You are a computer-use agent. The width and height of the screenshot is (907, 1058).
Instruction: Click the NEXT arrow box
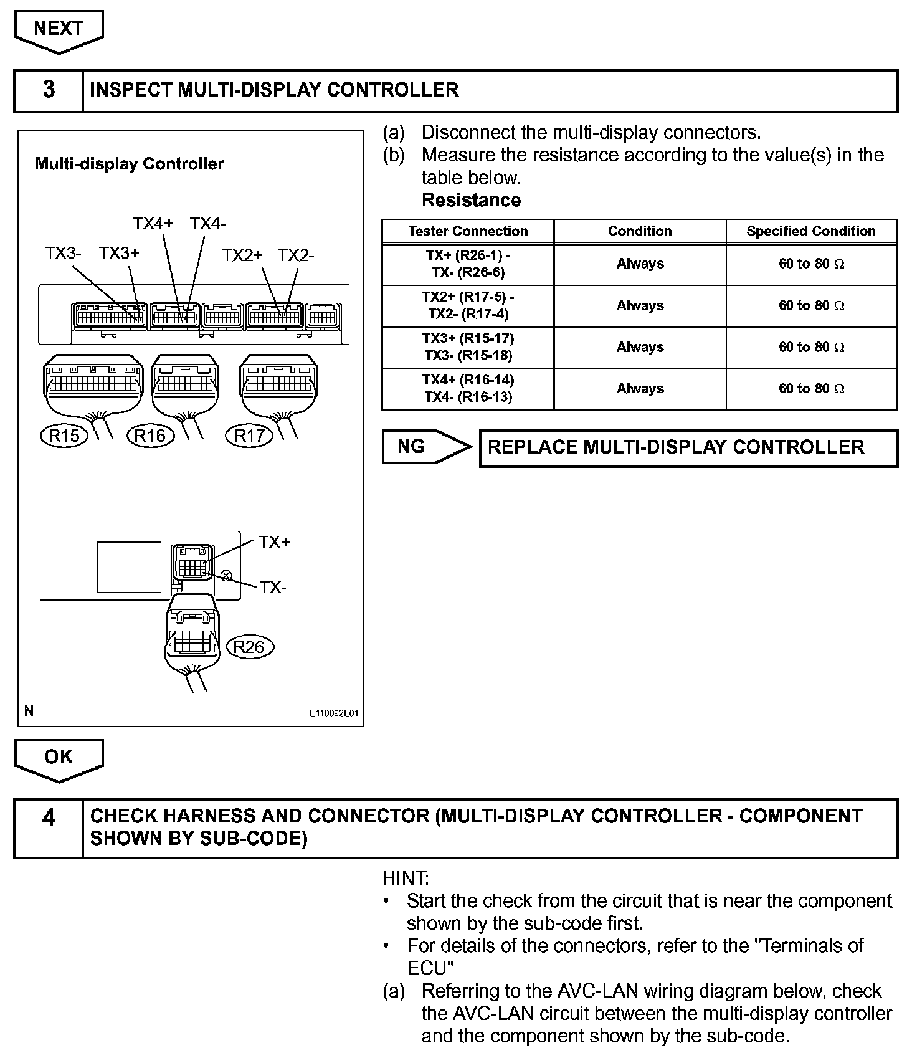coord(59,29)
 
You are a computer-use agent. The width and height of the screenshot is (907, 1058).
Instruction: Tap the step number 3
coord(49,90)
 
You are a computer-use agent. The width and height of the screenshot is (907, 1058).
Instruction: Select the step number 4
coord(49,817)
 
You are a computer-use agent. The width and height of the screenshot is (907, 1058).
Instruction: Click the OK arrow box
coord(59,757)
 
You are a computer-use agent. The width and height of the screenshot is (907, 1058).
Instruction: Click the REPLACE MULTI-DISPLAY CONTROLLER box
coord(688,447)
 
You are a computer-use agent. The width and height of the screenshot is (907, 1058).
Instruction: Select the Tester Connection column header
coord(468,231)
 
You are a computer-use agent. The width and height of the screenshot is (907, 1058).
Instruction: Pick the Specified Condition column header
coord(811,231)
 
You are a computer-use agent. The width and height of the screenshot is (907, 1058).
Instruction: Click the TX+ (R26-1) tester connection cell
coord(468,264)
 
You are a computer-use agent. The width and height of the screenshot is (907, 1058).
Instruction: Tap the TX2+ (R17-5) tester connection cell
coord(468,306)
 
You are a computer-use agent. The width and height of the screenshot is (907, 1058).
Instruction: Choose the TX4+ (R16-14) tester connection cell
coord(468,389)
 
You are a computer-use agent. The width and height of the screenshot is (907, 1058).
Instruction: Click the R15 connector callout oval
coord(64,435)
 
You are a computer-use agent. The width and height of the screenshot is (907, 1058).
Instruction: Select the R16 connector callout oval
coord(150,435)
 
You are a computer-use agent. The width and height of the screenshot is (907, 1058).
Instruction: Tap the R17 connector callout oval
coord(249,435)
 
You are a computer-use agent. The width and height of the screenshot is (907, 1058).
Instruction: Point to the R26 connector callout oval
coord(249,647)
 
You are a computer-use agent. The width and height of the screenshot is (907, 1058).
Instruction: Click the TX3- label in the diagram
coord(63,254)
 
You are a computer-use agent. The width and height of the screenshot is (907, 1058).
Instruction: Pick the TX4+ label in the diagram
coord(153,224)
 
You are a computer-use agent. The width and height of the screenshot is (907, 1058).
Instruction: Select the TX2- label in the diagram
coord(296,255)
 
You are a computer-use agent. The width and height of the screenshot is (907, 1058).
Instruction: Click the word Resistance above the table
coord(471,200)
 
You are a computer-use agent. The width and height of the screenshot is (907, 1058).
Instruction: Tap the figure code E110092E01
coord(334,713)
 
